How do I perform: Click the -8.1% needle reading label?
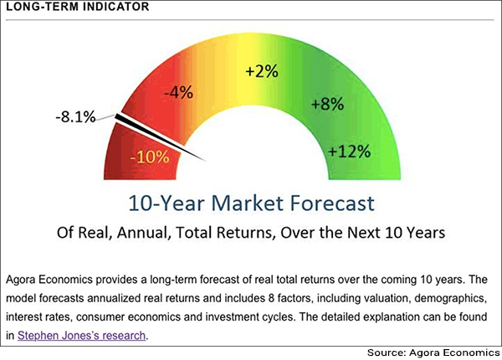tap(75, 117)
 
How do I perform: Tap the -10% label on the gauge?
tap(150, 157)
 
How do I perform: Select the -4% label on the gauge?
tap(179, 92)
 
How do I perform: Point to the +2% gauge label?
tap(262, 71)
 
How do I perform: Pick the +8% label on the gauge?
tap(327, 104)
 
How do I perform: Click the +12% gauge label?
tap(349, 151)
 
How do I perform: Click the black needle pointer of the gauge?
tap(160, 137)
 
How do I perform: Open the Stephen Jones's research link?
tap(82, 336)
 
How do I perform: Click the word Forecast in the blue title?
tap(331, 203)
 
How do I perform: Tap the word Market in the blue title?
tap(247, 203)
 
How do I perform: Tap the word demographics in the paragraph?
tap(451, 299)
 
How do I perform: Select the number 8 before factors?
tap(271, 298)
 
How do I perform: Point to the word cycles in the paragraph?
tap(279, 317)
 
